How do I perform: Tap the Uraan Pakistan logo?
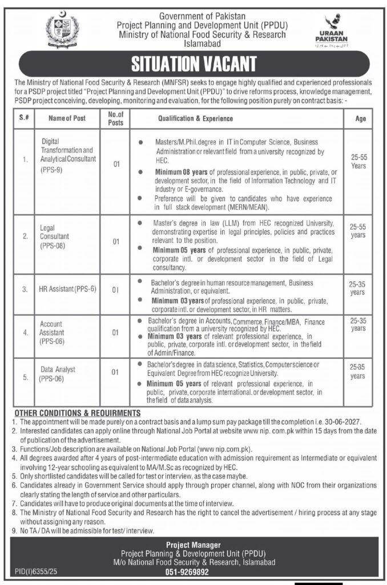coord(331,31)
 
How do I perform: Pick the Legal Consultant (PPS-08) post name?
coord(55,235)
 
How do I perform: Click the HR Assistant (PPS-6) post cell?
coord(67,289)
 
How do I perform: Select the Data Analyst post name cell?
coord(58,374)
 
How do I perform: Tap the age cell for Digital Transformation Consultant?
coord(359,162)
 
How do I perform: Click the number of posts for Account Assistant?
coord(115,332)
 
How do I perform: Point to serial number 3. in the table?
coord(25,289)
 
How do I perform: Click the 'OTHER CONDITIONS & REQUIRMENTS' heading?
coord(77,412)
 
